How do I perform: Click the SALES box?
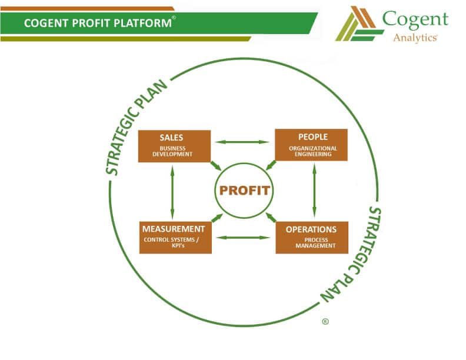click(174, 146)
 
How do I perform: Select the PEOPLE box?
click(311, 145)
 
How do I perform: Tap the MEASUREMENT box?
click(175, 237)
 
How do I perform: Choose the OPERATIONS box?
click(311, 237)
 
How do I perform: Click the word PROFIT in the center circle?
click(244, 191)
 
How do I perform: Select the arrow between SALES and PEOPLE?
click(242, 142)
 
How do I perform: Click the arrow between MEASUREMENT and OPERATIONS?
click(243, 238)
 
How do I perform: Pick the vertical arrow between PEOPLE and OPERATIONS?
click(314, 191)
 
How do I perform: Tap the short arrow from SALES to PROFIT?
click(216, 165)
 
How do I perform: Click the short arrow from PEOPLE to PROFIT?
click(271, 165)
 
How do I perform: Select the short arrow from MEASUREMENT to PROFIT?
click(217, 218)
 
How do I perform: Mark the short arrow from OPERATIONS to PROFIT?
click(271, 218)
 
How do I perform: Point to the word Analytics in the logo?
click(415, 37)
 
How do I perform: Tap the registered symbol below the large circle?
click(325, 322)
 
